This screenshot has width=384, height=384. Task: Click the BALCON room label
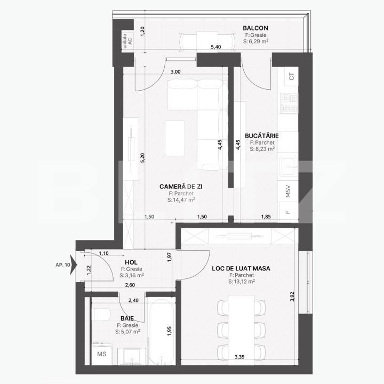(x=255, y=28)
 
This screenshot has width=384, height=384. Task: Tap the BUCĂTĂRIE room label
(x=261, y=135)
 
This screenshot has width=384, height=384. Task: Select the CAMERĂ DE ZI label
(x=181, y=186)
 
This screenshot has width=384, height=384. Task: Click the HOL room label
(x=131, y=262)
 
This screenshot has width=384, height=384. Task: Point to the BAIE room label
(x=126, y=318)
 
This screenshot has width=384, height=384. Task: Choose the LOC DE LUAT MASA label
(x=241, y=268)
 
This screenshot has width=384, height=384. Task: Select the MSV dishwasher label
(x=288, y=191)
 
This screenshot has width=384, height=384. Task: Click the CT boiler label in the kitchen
(x=291, y=76)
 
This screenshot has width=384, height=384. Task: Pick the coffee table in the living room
(x=175, y=138)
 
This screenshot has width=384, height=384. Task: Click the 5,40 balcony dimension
(x=216, y=47)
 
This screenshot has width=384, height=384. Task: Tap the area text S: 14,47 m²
(x=181, y=201)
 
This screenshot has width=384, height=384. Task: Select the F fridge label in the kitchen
(x=288, y=212)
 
